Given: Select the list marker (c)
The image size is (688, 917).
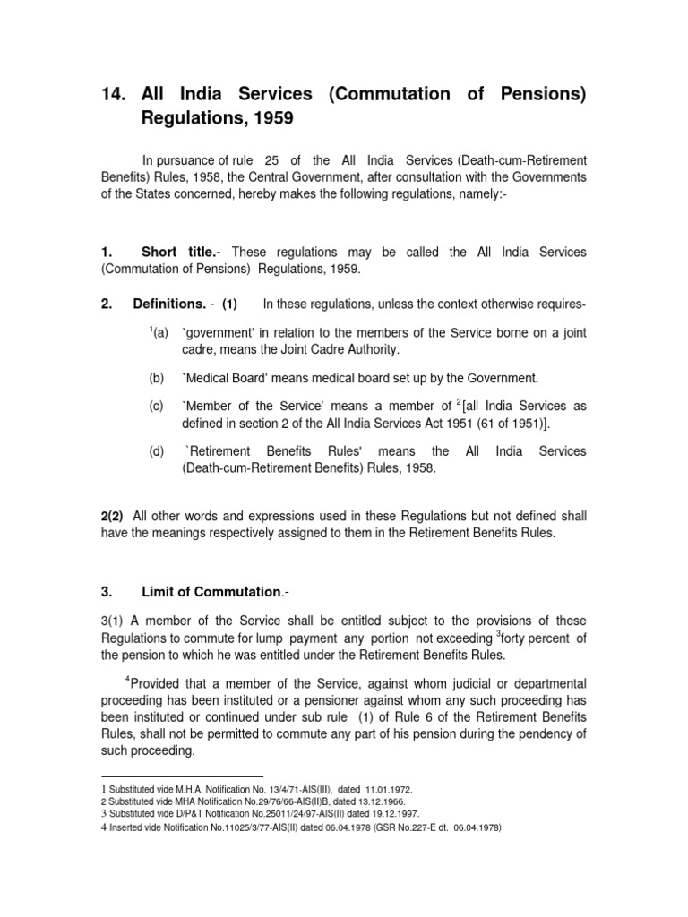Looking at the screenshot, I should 158,406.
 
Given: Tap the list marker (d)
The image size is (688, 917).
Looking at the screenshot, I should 158,451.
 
